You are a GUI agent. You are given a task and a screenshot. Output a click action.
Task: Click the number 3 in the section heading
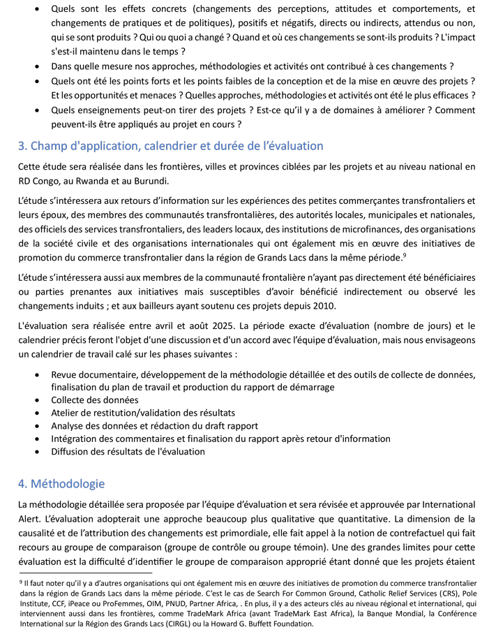(x=21, y=146)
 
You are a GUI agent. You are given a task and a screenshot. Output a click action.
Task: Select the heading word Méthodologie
(x=67, y=483)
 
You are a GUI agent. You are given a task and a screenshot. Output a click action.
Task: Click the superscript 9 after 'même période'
(x=405, y=255)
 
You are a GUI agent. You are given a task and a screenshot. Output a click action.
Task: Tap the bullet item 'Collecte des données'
(x=94, y=400)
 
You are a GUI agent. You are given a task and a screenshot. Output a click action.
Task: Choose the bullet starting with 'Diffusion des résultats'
(x=128, y=451)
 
